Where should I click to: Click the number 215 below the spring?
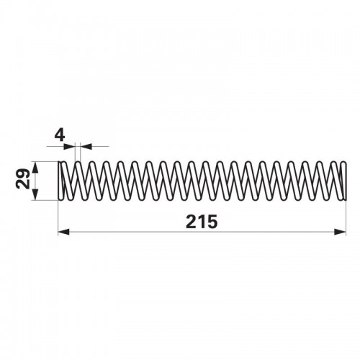tap(202, 222)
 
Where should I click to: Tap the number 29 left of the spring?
tap(23, 179)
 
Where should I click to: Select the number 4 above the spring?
tap(60, 136)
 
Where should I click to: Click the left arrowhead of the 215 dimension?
tap(63, 232)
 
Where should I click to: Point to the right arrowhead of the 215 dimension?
tap(340, 232)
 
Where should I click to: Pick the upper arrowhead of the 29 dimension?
tap(35, 167)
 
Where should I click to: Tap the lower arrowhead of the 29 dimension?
tap(35, 194)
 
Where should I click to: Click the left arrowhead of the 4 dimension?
tap(70, 146)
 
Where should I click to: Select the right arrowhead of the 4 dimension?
tap(86, 146)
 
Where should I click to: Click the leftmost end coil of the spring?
tap(60, 181)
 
